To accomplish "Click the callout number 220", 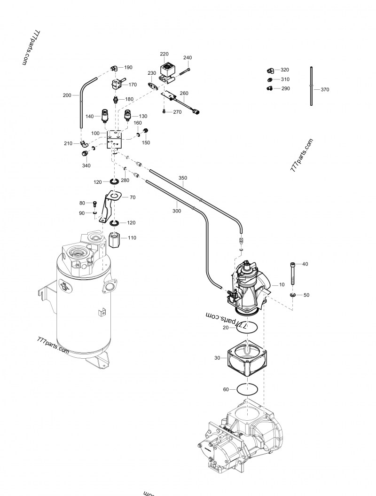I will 164,54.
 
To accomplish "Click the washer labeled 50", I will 292,295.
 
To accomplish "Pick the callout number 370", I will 324,89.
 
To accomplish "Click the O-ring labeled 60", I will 248,389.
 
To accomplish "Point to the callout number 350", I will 183,178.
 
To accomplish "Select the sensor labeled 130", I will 127,116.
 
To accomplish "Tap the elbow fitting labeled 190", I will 113,68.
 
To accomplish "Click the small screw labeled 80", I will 95,204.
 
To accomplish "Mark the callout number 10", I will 282,285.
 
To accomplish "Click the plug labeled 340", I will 85,154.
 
